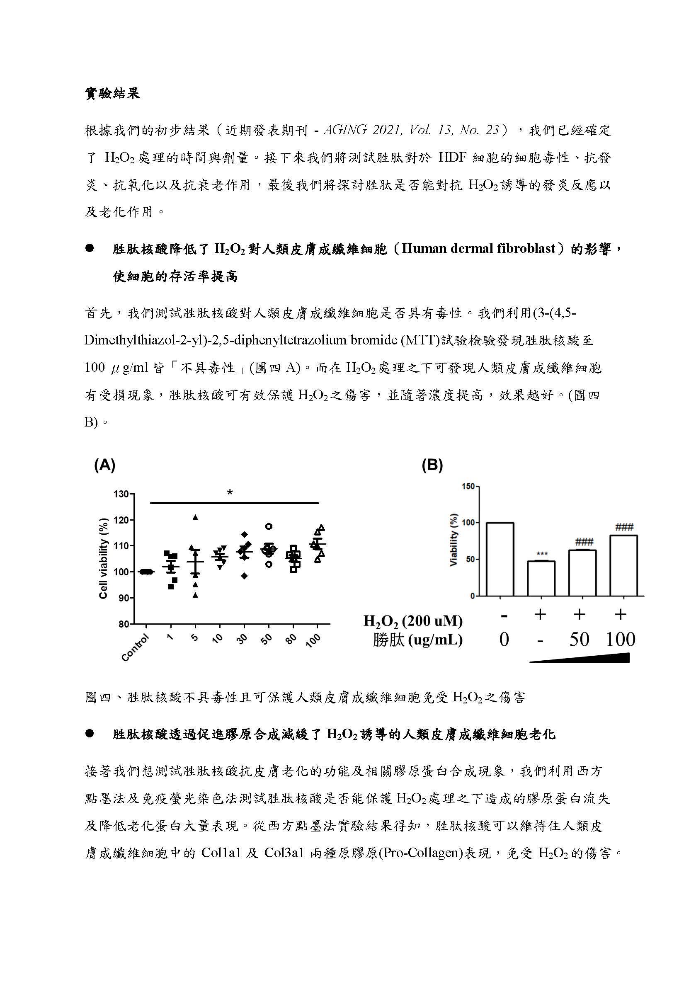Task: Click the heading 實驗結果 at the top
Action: (x=112, y=94)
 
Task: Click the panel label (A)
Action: (x=104, y=465)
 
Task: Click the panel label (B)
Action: (x=432, y=465)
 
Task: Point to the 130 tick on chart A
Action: (x=121, y=494)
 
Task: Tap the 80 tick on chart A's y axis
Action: (x=124, y=624)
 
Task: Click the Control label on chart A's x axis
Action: (x=136, y=647)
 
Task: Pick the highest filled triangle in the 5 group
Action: (x=195, y=517)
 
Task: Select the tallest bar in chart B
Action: (x=500, y=559)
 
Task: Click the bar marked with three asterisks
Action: (x=541, y=579)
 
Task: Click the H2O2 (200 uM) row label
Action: (x=413, y=621)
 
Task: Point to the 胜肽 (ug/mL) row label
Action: (x=417, y=640)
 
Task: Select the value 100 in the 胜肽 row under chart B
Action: (x=620, y=640)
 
